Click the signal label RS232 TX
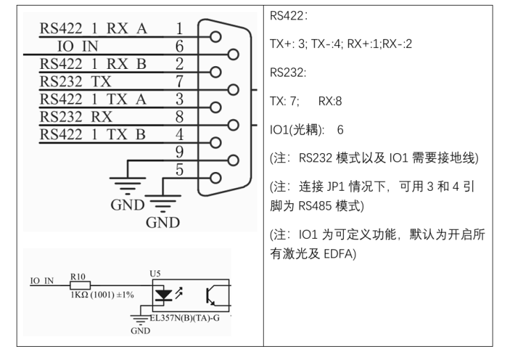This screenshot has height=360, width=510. pyautogui.click(x=75, y=81)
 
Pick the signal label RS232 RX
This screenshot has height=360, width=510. pyautogui.click(x=76, y=116)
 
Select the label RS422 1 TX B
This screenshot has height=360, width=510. pyautogui.click(x=93, y=134)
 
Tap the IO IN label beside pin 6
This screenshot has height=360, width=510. pyautogui.click(x=78, y=46)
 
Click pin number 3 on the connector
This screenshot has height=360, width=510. pyautogui.click(x=180, y=99)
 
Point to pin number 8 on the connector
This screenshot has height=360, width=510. pyautogui.click(x=180, y=116)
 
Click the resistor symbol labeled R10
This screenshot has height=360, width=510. pyautogui.click(x=80, y=285)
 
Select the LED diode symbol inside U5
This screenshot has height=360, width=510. pyautogui.click(x=164, y=295)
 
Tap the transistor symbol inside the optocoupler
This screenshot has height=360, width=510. pyautogui.click(x=211, y=295)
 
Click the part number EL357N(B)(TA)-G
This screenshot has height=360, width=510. pyautogui.click(x=185, y=318)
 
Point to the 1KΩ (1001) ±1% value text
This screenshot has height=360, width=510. pyautogui.click(x=102, y=295)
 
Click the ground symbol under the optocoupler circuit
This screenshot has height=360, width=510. pyautogui.click(x=140, y=320)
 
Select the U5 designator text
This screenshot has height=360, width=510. pyautogui.click(x=155, y=274)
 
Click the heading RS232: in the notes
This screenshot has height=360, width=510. pyautogui.click(x=288, y=72)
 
